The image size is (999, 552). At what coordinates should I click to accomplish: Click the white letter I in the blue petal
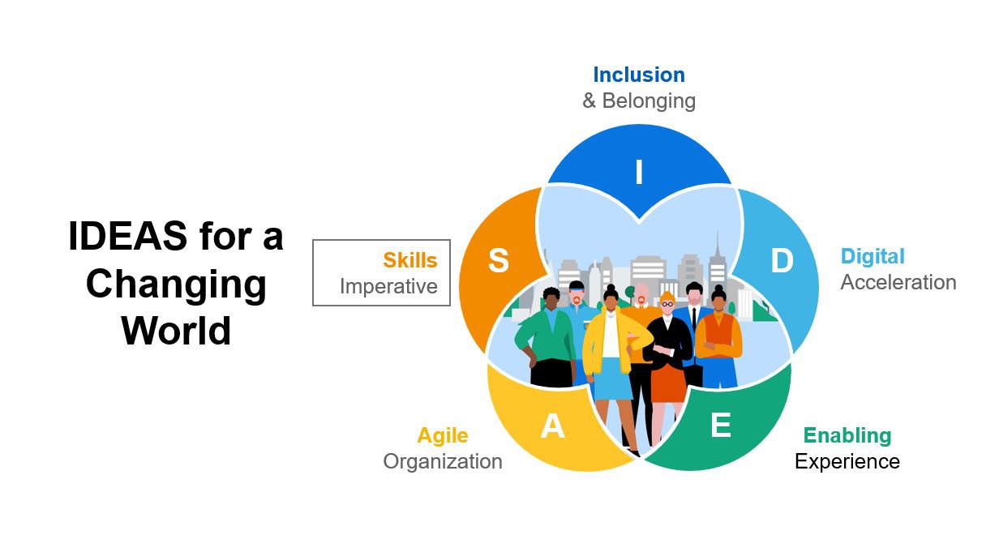(x=639, y=172)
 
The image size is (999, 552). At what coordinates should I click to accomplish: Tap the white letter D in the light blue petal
(x=782, y=260)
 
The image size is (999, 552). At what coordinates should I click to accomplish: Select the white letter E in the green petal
(x=721, y=425)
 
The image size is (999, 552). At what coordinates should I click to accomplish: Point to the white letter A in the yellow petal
(x=552, y=426)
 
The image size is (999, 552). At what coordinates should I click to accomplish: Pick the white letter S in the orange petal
(x=498, y=260)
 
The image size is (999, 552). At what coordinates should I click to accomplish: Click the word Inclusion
(x=639, y=75)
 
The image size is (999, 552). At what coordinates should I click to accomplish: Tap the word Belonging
(x=649, y=101)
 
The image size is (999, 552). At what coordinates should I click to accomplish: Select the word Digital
(x=873, y=257)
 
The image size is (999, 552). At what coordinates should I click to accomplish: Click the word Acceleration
(x=898, y=282)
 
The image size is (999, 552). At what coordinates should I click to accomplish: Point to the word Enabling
(x=847, y=435)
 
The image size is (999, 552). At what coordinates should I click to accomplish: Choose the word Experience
(x=847, y=461)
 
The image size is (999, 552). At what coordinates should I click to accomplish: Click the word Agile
(x=443, y=435)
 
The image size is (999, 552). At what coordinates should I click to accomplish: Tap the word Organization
(x=443, y=461)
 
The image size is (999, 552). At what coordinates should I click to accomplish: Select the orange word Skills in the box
(x=409, y=260)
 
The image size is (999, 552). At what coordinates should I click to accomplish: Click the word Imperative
(x=388, y=287)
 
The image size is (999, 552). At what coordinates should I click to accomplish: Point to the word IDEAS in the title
(x=127, y=236)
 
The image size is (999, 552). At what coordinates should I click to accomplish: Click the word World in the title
(x=176, y=331)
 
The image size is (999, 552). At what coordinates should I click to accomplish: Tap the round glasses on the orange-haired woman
(x=667, y=304)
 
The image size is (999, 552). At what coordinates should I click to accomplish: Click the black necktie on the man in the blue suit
(x=694, y=319)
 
